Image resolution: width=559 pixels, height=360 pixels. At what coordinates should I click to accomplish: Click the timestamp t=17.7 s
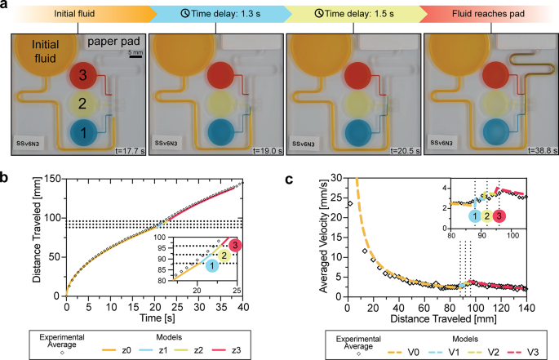tap(126, 151)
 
